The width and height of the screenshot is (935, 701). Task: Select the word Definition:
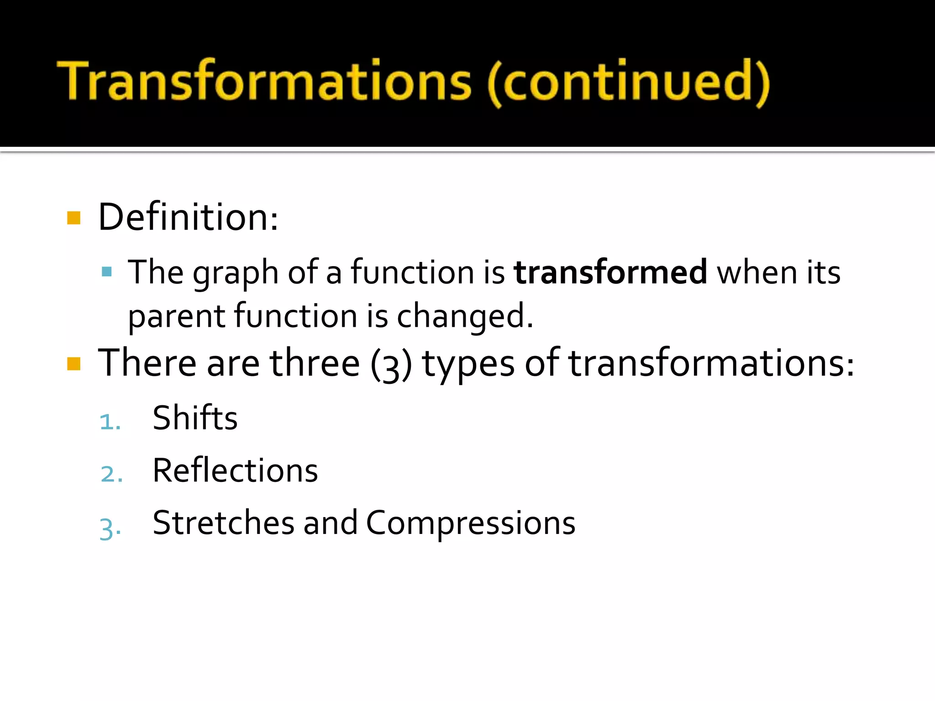pyautogui.click(x=188, y=217)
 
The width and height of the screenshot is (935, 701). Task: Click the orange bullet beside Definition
pyautogui.click(x=74, y=218)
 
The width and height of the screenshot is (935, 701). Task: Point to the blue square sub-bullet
pyautogui.click(x=107, y=272)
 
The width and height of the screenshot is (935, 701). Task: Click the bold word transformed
pyautogui.click(x=610, y=272)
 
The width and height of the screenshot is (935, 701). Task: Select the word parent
pyautogui.click(x=176, y=316)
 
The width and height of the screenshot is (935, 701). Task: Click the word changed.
pyautogui.click(x=464, y=316)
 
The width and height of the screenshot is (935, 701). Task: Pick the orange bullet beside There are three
pyautogui.click(x=74, y=364)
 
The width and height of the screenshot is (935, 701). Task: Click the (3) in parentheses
pyautogui.click(x=391, y=365)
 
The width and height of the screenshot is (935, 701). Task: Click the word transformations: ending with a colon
pyautogui.click(x=711, y=364)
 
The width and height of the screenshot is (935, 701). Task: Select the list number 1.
pyautogui.click(x=110, y=422)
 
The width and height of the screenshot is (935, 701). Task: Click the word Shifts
pyautogui.click(x=195, y=418)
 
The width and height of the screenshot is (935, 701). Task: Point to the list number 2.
pyautogui.click(x=111, y=474)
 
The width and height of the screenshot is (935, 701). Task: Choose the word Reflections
pyautogui.click(x=235, y=471)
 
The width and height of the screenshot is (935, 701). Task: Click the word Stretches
pyautogui.click(x=223, y=523)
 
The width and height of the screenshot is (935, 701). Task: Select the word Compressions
pyautogui.click(x=470, y=523)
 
